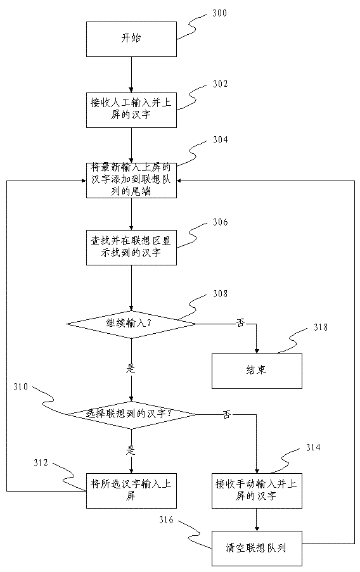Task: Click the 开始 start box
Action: [x=131, y=39]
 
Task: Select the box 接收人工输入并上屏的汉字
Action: [x=131, y=110]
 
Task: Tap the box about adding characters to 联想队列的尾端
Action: [x=131, y=180]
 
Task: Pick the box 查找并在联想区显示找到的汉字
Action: [x=131, y=247]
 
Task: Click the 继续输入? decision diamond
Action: [x=131, y=324]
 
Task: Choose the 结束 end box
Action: [x=257, y=371]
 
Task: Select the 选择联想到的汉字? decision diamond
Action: [x=131, y=414]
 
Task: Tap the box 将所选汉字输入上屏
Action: [x=131, y=491]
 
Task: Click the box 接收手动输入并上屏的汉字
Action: [x=257, y=491]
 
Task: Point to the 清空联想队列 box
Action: [x=257, y=549]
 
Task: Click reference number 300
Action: [x=219, y=13]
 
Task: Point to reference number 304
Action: [x=220, y=140]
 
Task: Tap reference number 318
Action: [x=321, y=327]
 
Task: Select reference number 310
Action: [x=20, y=386]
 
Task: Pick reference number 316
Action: [x=166, y=519]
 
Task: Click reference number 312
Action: [x=41, y=462]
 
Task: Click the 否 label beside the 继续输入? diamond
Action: [x=240, y=323]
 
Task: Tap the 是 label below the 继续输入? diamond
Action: [x=131, y=369]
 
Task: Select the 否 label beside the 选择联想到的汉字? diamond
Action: [x=227, y=414]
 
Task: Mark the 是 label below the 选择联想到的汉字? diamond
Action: [x=131, y=450]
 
